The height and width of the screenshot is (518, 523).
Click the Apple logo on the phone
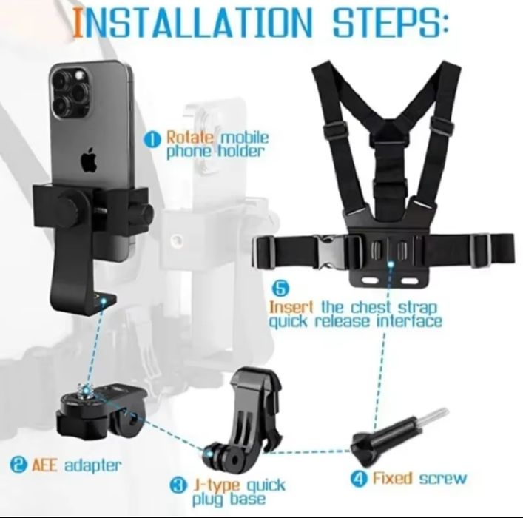coord(89,160)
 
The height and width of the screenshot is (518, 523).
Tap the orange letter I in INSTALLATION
coord(78,22)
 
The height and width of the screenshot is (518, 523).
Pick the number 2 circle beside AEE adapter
coord(18,465)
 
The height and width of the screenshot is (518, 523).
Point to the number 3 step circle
coord(178,485)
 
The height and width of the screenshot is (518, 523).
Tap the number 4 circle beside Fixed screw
coord(359,479)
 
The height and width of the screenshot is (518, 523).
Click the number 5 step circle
coord(281,289)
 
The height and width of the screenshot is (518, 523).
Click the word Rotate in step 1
coord(190,137)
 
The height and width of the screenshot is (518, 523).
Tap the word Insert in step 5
coord(291,307)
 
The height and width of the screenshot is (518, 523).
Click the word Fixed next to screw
coord(393,478)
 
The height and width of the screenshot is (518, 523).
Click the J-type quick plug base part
coord(245,420)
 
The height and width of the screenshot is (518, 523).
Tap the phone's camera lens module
coord(71,92)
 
